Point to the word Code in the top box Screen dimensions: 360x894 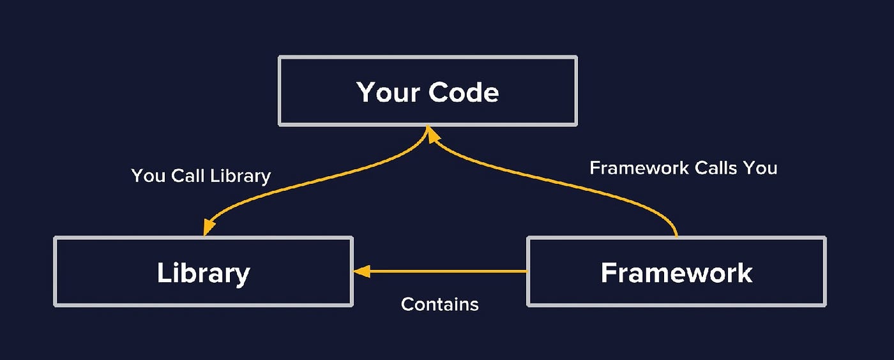coord(464,93)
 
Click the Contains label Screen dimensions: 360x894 coord(439,304)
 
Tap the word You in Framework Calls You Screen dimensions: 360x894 coord(761,168)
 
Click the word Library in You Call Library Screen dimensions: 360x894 coord(243,176)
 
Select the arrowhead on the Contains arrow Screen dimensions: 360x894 coord(361,271)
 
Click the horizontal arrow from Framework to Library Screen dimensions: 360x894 coord(447,271)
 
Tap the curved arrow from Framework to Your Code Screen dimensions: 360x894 coord(575,185)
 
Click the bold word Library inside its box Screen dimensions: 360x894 coord(203,273)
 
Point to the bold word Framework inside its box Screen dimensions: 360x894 coord(676,273)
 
